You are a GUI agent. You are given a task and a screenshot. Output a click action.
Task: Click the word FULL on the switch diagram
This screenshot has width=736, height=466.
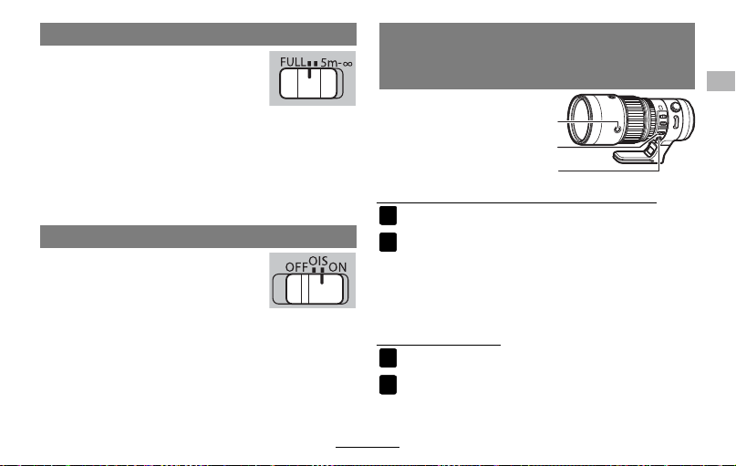click(x=293, y=62)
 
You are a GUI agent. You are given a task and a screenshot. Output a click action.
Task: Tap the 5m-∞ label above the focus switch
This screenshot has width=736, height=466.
click(x=337, y=62)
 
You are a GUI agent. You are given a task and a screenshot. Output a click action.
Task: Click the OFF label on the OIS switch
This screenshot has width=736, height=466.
click(x=296, y=267)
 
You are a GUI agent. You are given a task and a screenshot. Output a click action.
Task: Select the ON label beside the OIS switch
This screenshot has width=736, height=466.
click(x=337, y=267)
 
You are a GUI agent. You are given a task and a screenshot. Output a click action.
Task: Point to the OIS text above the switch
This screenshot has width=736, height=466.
click(x=317, y=261)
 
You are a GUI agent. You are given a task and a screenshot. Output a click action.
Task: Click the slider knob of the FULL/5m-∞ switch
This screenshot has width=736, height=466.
click(x=308, y=84)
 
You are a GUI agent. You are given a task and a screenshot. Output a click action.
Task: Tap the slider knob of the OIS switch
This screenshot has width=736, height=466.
click(x=315, y=289)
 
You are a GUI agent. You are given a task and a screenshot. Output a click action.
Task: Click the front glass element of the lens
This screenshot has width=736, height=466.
click(x=582, y=119)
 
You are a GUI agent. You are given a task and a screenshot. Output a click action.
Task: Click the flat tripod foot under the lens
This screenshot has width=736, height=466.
click(x=635, y=157)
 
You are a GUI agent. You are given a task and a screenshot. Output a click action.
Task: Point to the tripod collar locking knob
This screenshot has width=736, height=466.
click(x=650, y=150)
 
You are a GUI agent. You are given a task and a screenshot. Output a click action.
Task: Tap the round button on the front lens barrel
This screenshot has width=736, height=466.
click(x=617, y=127)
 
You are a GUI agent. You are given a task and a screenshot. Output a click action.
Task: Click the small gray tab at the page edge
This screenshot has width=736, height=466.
click(x=720, y=81)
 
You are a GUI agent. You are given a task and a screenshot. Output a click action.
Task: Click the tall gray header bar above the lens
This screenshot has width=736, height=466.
click(x=537, y=56)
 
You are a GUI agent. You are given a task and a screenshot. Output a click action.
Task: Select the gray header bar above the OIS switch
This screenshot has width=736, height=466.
click(x=198, y=236)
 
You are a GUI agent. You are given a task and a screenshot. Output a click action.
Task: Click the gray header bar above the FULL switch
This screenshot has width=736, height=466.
click(x=198, y=35)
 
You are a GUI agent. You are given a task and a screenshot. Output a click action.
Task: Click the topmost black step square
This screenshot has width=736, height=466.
click(x=389, y=216)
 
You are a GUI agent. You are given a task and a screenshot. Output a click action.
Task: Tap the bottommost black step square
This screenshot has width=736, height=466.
click(x=389, y=385)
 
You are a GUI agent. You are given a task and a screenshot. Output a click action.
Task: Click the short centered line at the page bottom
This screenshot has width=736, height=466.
click(x=368, y=447)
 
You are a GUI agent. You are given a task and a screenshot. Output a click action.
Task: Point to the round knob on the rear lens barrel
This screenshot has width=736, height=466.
click(x=675, y=107)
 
